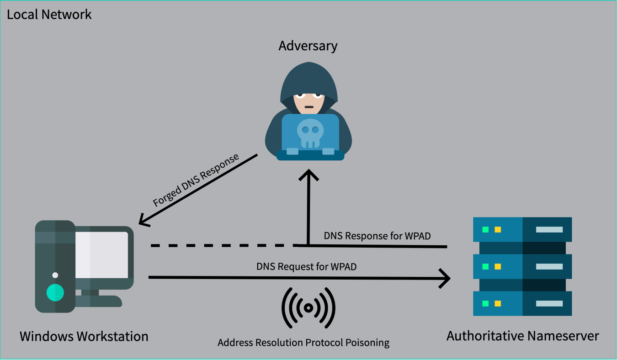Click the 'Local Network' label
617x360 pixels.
(49, 14)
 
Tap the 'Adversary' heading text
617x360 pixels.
(308, 46)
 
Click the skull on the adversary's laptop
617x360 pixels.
(310, 133)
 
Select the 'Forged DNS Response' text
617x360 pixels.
(196, 180)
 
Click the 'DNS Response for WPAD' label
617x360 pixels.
(377, 236)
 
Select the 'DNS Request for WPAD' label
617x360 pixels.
(306, 266)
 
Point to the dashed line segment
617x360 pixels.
(224, 246)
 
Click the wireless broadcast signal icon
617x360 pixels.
(308, 308)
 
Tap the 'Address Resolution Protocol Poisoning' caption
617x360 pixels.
(303, 343)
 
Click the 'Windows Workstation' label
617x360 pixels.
(84, 337)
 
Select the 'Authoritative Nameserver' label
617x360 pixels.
(522, 336)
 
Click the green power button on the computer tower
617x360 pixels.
(55, 292)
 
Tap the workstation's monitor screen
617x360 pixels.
(101, 255)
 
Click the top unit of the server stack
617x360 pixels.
(522, 229)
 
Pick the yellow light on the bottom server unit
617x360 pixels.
(498, 303)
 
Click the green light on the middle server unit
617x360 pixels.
(485, 266)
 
